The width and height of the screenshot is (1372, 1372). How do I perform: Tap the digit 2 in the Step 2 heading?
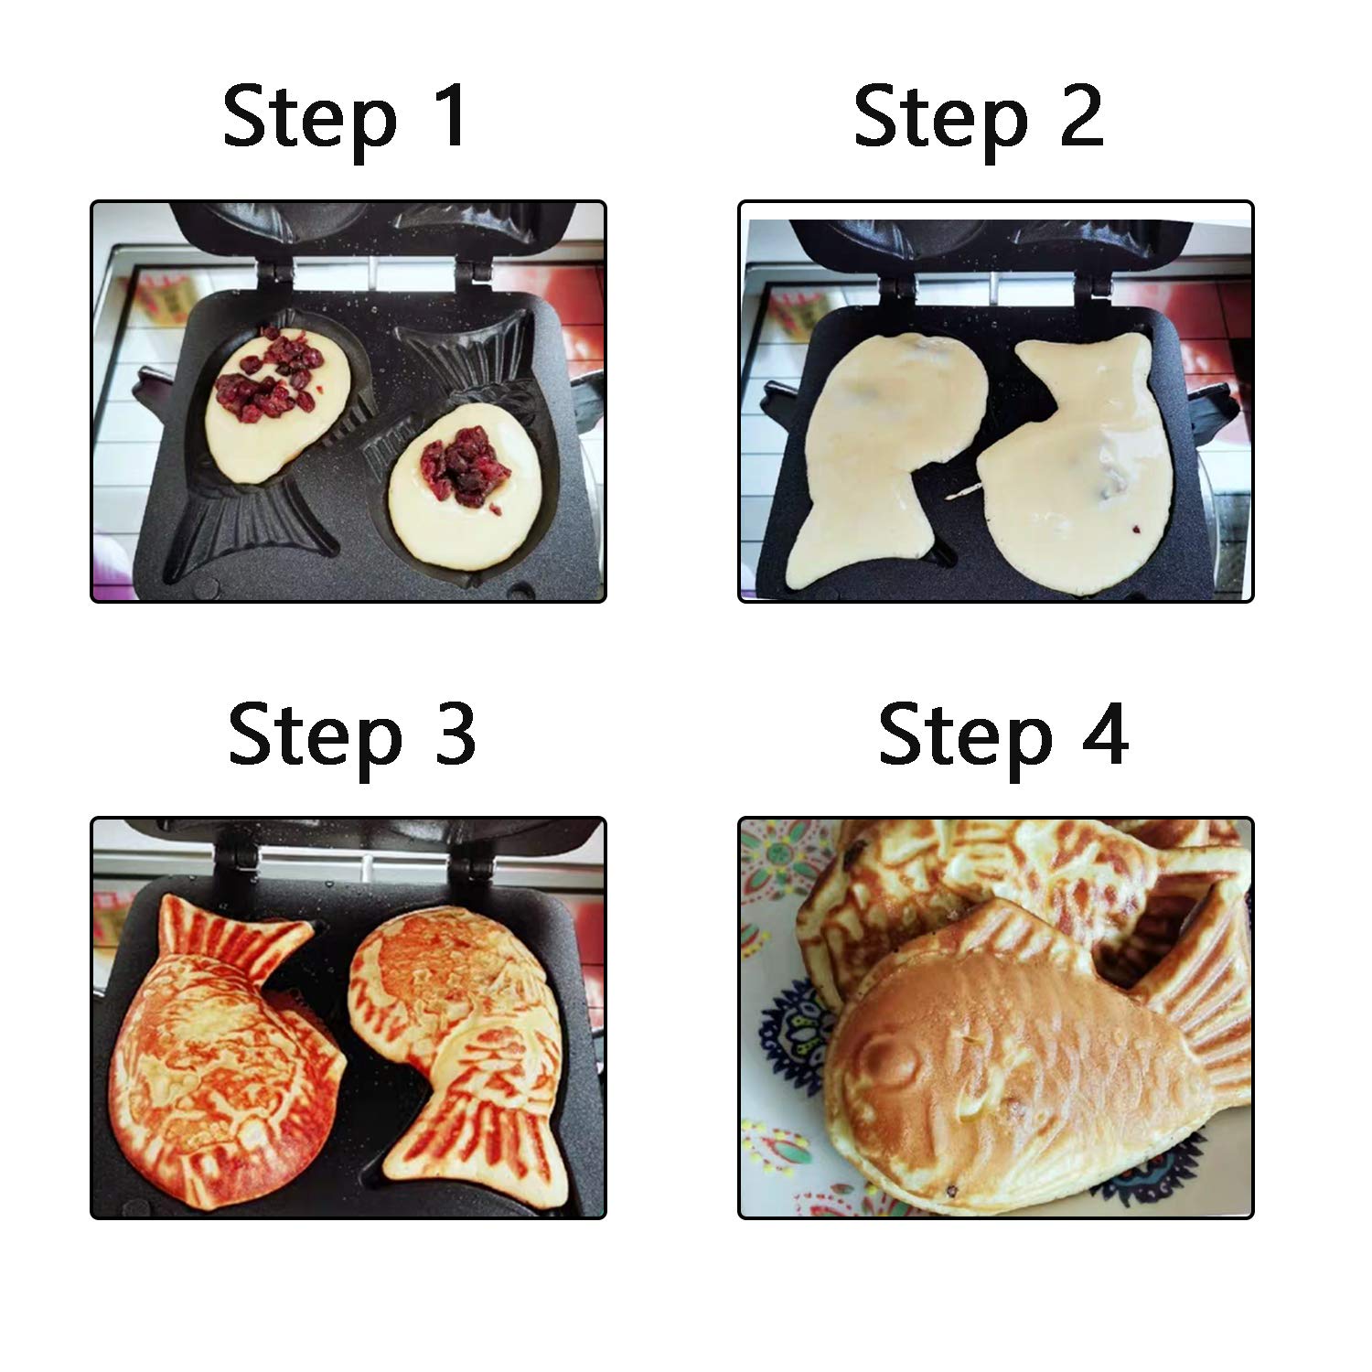[x=1080, y=116]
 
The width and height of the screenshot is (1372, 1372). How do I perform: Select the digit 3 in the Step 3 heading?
[x=454, y=734]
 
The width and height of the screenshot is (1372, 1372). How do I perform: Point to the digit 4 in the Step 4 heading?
[x=1104, y=735]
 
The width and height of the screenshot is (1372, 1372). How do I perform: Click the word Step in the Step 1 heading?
[x=310, y=119]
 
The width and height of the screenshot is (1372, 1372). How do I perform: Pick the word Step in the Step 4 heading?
[x=965, y=737]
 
